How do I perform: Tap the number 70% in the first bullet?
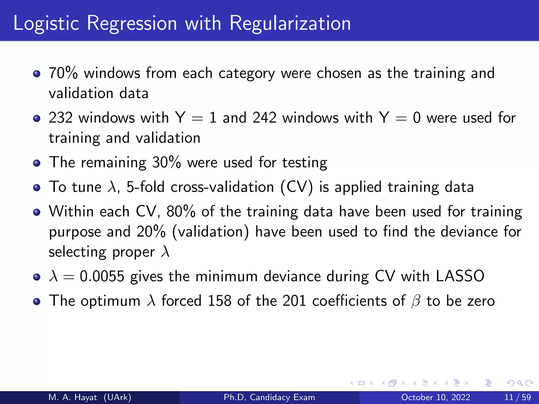tap(63, 73)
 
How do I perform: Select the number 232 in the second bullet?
tap(61, 118)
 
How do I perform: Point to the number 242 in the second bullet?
tap(264, 118)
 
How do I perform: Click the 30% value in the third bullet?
tap(167, 162)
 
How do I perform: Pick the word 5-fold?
tap(145, 187)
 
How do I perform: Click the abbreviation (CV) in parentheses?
tap(297, 187)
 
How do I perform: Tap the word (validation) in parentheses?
tap(210, 232)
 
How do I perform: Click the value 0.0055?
tap(102, 276)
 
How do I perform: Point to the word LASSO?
tap(460, 276)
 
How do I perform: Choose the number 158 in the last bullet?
tap(219, 301)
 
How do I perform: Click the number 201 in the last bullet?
tap(294, 301)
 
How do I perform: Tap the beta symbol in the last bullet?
tap(416, 301)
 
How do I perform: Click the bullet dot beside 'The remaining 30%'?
tap(37, 163)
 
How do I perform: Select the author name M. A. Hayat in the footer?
tap(73, 397)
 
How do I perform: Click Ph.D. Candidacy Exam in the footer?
tap(269, 397)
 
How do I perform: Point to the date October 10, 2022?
tap(436, 397)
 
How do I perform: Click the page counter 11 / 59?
tap(517, 397)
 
